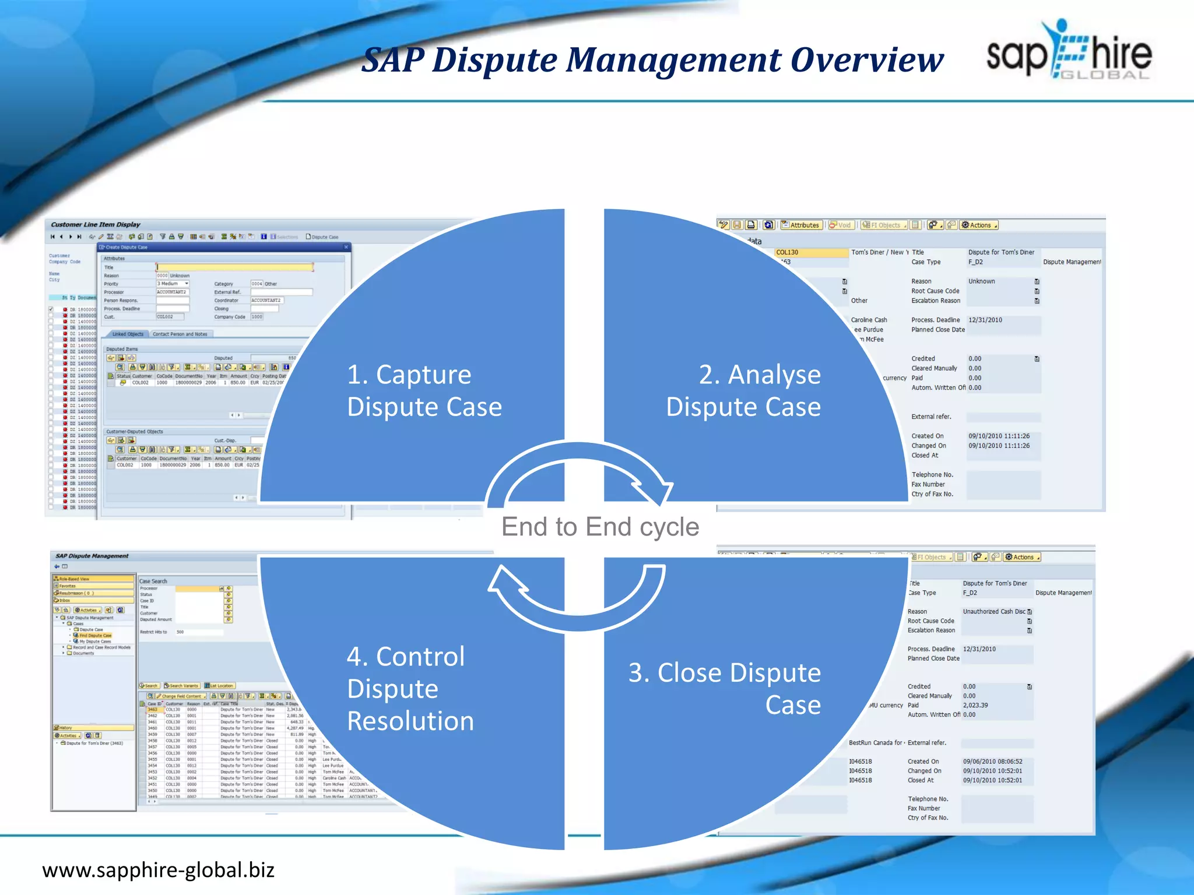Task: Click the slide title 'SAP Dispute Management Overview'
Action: point(652,60)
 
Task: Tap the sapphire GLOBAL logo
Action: point(1069,51)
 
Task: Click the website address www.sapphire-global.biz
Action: point(158,870)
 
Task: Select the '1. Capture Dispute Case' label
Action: point(424,390)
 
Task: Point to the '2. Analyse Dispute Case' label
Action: point(743,390)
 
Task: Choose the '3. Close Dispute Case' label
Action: point(725,688)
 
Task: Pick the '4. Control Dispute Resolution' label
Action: point(410,688)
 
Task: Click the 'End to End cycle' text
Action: point(600,527)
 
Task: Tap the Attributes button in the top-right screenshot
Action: point(801,225)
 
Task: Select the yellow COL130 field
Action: point(811,252)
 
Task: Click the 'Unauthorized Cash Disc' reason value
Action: point(993,611)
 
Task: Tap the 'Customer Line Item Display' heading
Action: point(96,224)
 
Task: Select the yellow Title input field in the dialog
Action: point(234,267)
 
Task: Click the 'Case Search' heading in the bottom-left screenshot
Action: point(153,581)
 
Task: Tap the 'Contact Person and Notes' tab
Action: point(180,334)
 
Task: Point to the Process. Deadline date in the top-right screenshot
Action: point(985,320)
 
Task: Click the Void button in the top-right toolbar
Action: point(841,225)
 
